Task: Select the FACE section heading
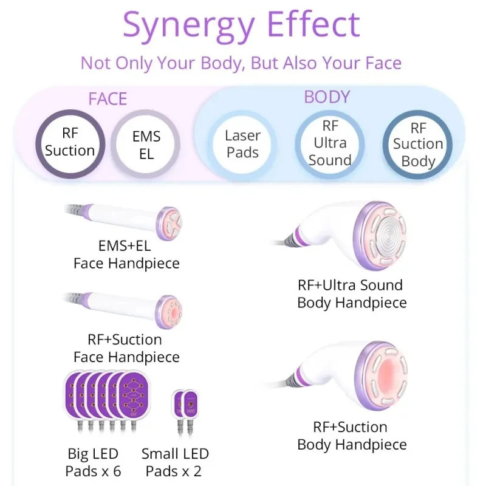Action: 108,99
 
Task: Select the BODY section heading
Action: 327,97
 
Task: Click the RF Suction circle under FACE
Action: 70,143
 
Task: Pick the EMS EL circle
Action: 146,145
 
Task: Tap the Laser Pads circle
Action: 242,144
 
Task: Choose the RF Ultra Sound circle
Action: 330,143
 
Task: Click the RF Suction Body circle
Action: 417,145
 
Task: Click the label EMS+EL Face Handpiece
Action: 126,255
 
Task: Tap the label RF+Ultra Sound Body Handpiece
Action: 351,293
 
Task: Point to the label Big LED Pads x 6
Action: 93,462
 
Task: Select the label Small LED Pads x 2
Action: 175,462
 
